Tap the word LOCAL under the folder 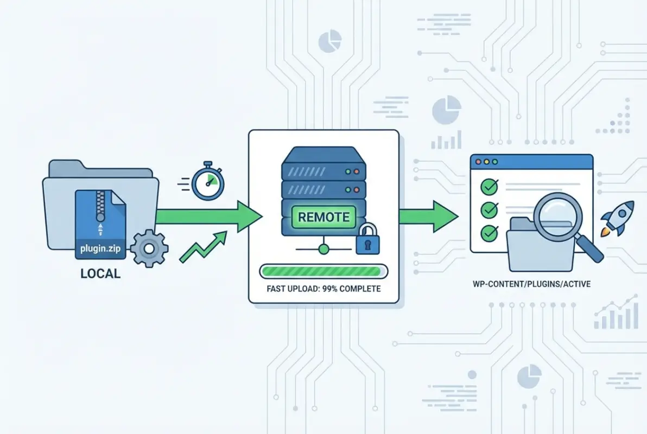coord(100,273)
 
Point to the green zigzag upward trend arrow coord(203,247)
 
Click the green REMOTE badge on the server coord(324,217)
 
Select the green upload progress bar coord(323,270)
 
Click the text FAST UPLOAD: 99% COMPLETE coord(323,289)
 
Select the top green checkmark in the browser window coord(490,187)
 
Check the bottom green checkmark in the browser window coord(490,232)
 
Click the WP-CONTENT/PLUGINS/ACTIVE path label coord(531,284)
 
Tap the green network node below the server coord(324,250)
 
